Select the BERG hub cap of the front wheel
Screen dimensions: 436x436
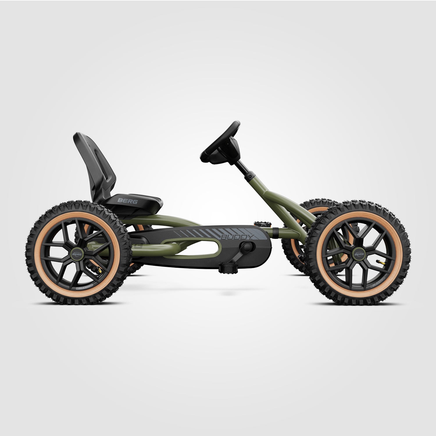tap(360, 254)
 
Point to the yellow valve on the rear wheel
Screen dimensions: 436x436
tap(99, 269)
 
